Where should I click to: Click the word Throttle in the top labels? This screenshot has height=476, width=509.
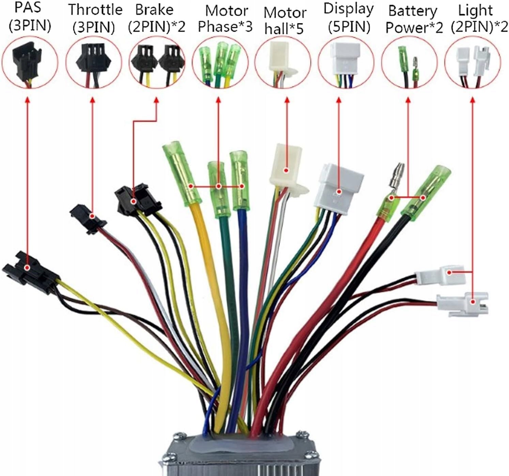tap(95, 10)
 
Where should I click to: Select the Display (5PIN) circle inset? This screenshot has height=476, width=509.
tap(345, 63)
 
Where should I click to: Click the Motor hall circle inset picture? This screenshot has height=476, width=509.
tap(282, 63)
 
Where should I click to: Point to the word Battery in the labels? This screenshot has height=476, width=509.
tap(413, 11)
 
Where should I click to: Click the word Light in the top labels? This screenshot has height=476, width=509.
tap(475, 10)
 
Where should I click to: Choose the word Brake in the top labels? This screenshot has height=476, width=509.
tap(154, 10)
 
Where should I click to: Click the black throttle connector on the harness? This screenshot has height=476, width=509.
tap(88, 218)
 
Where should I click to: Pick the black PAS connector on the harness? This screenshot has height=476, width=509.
tap(29, 271)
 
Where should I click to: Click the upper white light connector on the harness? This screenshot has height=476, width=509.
tap(439, 274)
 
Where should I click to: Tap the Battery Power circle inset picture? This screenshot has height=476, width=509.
tap(409, 63)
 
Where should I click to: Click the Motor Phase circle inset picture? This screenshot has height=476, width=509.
tap(220, 63)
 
